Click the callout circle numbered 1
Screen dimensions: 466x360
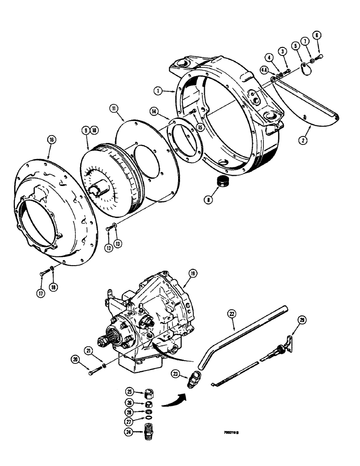point(160,92)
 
